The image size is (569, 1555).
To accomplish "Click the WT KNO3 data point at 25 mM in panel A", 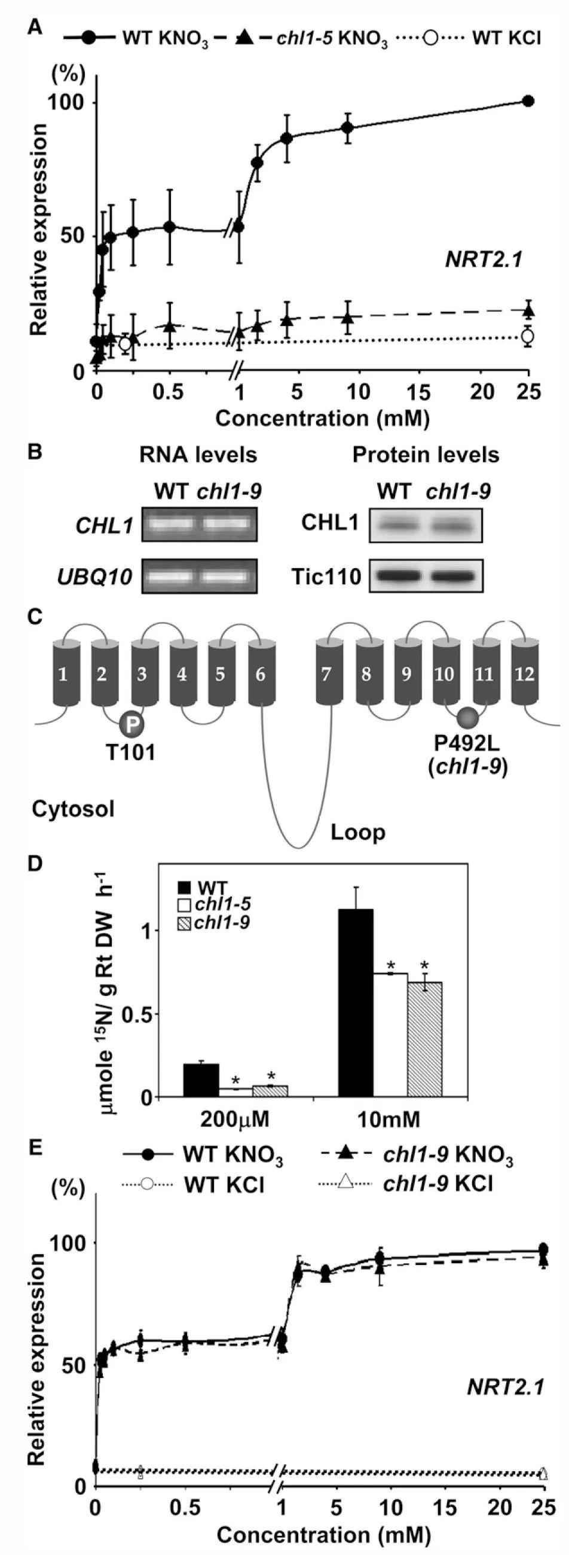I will point(528,101).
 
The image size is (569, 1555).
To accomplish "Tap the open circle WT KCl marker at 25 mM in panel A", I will point(528,336).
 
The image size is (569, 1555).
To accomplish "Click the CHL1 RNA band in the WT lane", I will point(170,524).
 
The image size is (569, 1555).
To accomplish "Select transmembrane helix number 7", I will point(326,673).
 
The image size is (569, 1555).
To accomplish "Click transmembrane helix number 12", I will point(524,673).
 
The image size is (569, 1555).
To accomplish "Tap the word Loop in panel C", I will point(358,833).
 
